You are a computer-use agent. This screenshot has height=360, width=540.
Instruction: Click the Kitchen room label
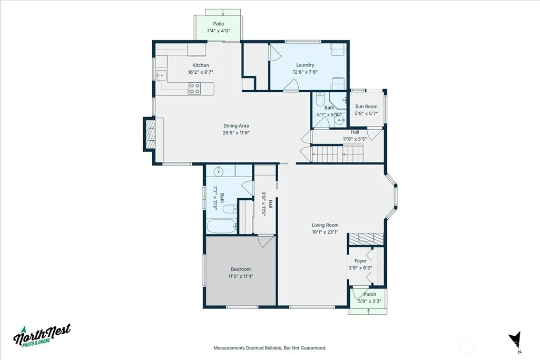click(x=200, y=65)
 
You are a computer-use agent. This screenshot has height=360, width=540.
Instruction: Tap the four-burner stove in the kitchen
click(x=194, y=89)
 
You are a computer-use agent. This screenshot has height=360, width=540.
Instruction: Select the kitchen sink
click(x=161, y=75)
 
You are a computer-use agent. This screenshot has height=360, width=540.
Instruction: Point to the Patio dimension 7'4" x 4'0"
click(x=218, y=31)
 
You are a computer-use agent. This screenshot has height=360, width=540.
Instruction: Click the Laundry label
click(x=305, y=65)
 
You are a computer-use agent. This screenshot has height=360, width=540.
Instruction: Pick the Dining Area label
click(x=236, y=126)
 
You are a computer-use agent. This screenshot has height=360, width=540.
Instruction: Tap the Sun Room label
click(x=366, y=106)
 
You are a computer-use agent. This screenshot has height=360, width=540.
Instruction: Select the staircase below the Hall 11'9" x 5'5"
click(x=337, y=154)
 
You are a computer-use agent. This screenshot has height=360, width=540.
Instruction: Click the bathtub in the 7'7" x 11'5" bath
click(x=222, y=226)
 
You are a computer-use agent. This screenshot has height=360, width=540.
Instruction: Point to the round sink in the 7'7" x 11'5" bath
click(x=218, y=171)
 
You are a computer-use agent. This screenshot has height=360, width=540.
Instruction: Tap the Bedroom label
click(x=241, y=269)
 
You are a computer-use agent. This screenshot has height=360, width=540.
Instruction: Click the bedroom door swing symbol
click(x=266, y=241)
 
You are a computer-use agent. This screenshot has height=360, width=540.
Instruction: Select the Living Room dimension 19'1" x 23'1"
click(x=325, y=232)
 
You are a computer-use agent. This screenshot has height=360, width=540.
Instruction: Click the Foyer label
click(x=360, y=261)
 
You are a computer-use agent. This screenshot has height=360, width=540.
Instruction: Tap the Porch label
click(x=369, y=294)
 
